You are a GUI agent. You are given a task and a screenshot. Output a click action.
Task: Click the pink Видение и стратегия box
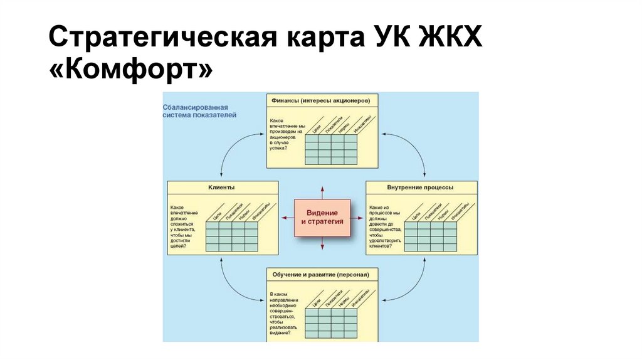pos(322,218)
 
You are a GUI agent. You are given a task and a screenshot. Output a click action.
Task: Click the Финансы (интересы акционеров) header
pos(322,100)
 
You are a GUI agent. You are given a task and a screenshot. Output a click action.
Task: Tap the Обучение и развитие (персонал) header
pos(322,275)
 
